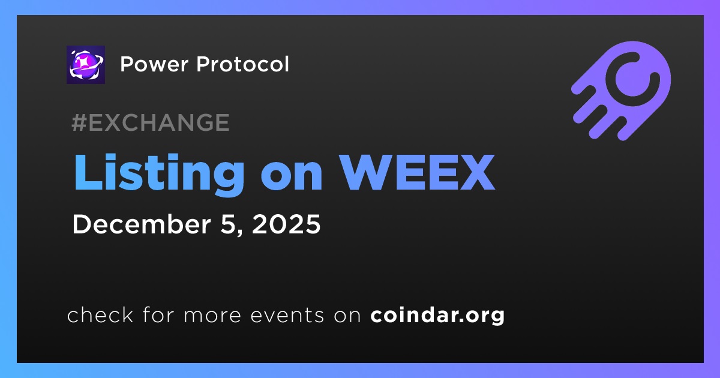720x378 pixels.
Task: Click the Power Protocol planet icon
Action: click(86, 65)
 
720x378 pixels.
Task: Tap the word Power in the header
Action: click(154, 64)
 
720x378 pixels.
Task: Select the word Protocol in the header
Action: click(242, 64)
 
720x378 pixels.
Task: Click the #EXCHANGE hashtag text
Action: click(151, 122)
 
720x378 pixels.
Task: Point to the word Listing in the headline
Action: click(160, 174)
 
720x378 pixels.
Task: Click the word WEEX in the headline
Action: click(417, 172)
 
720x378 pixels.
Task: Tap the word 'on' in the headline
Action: click(292, 177)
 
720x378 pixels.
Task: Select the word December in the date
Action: click(142, 224)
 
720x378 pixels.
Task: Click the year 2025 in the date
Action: click(286, 224)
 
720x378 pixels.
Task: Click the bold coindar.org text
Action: click(437, 316)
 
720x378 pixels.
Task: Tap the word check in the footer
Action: click(100, 314)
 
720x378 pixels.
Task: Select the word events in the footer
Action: click(287, 316)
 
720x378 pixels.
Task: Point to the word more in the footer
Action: click(212, 316)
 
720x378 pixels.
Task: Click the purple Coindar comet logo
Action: click(621, 91)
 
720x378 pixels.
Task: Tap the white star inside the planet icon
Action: click(84, 61)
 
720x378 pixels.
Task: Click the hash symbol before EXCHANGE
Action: click(79, 122)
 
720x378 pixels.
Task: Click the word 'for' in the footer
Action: click(158, 314)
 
